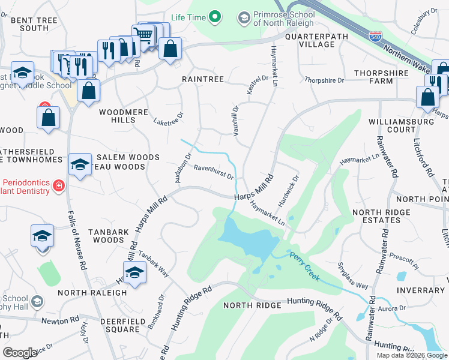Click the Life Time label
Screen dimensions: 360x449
point(187,17)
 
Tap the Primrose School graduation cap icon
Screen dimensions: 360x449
point(244,18)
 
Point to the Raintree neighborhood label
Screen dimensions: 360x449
point(203,79)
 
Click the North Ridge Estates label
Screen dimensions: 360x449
point(376,216)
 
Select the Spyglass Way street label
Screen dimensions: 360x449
point(352,276)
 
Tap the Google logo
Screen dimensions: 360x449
point(20,353)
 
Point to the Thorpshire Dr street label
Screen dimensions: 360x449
point(324,80)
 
